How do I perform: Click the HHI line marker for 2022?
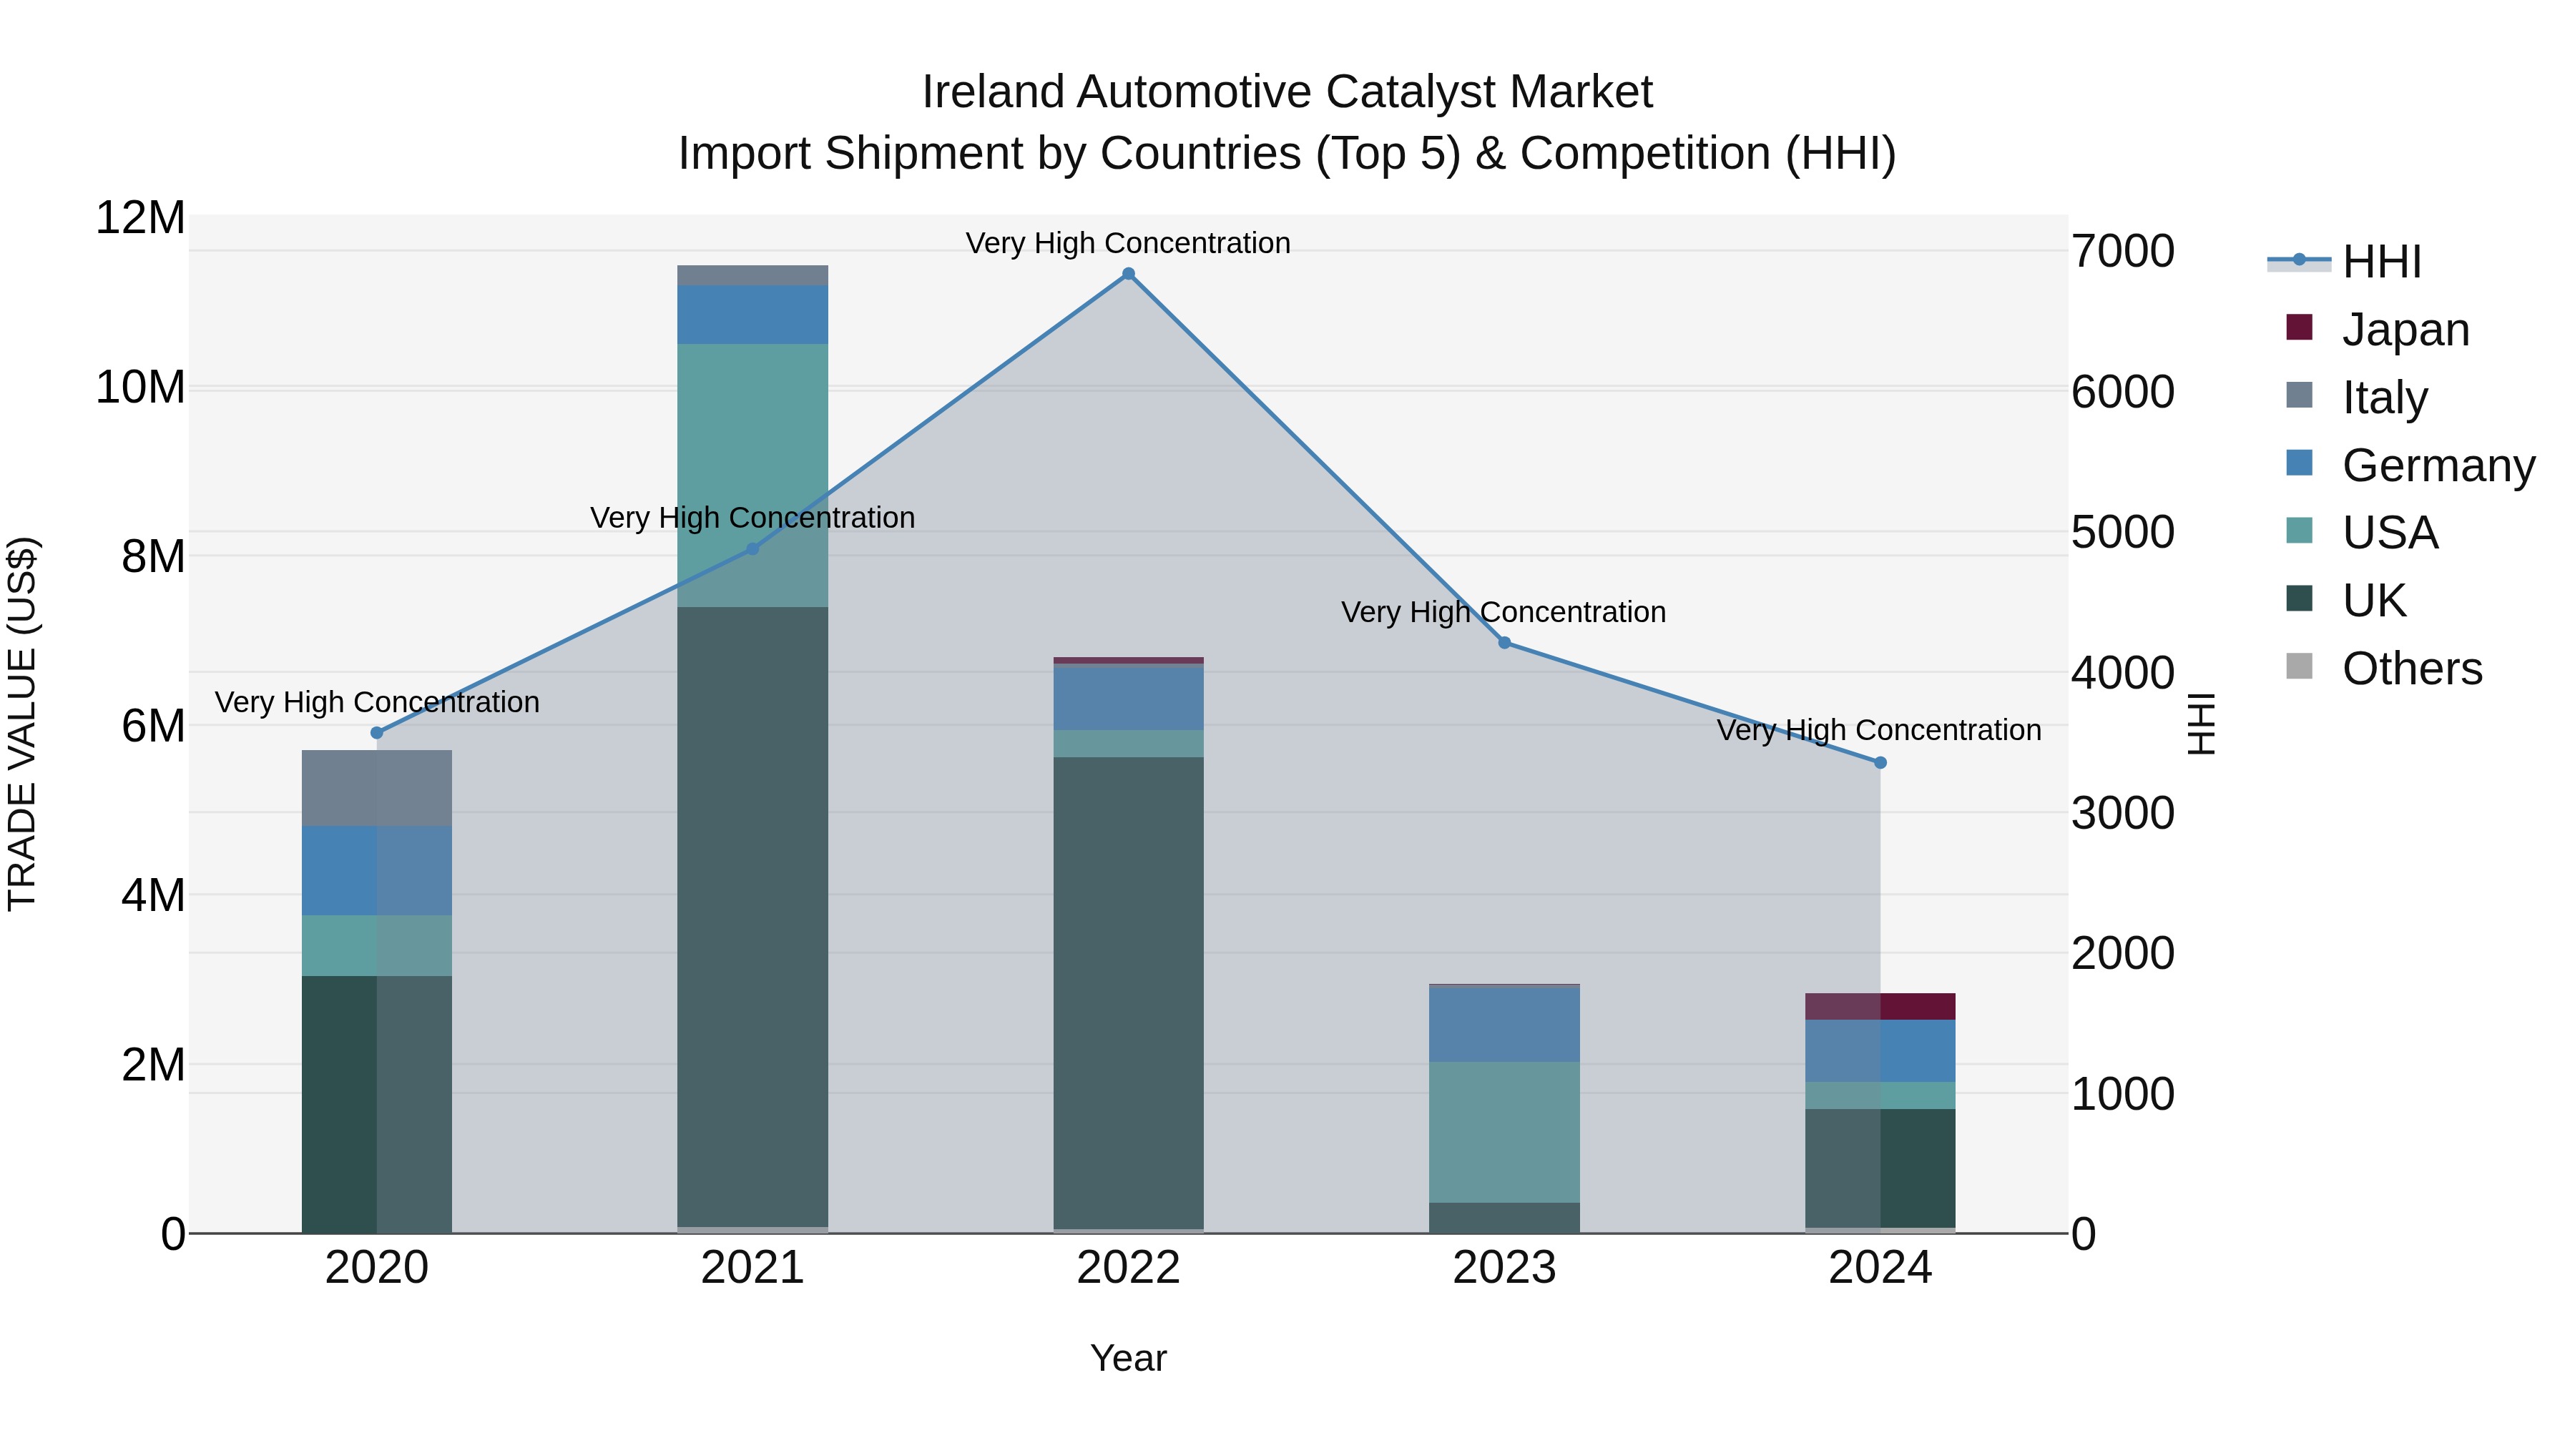click(x=1129, y=274)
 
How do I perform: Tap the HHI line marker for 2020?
click(x=377, y=732)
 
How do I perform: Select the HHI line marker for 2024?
click(x=1880, y=762)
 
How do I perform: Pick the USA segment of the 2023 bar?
click(x=1504, y=1131)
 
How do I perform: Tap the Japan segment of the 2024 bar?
click(x=1880, y=1006)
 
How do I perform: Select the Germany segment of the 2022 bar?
click(x=1129, y=696)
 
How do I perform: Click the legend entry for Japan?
click(x=2404, y=330)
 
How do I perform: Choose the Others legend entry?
click(x=2411, y=669)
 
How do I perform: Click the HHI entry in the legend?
click(x=2381, y=262)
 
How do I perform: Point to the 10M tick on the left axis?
click(x=140, y=387)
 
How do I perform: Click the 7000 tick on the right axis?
click(x=2122, y=251)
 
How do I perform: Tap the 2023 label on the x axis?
click(x=1504, y=1268)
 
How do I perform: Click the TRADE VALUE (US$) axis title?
click(x=22, y=724)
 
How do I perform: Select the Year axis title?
click(x=1129, y=1358)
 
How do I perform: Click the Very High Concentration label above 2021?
click(x=752, y=518)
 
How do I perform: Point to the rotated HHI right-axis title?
click(x=2201, y=724)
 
